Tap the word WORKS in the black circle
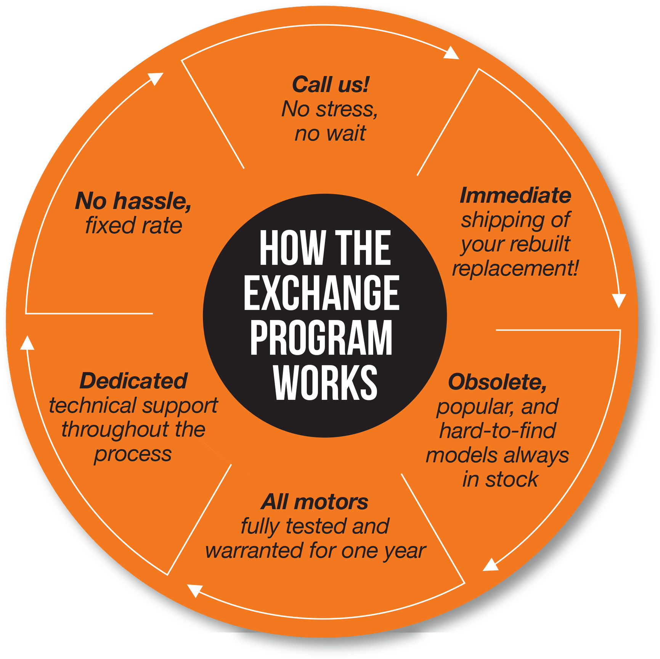(x=325, y=382)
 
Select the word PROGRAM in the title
(x=321, y=337)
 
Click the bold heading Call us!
(x=331, y=84)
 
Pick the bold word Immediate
(x=515, y=195)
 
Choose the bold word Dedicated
(x=133, y=381)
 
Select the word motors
(x=331, y=502)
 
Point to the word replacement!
(x=515, y=268)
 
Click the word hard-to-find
(x=497, y=430)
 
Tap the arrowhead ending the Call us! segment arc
(x=451, y=53)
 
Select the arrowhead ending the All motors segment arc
(x=195, y=590)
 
